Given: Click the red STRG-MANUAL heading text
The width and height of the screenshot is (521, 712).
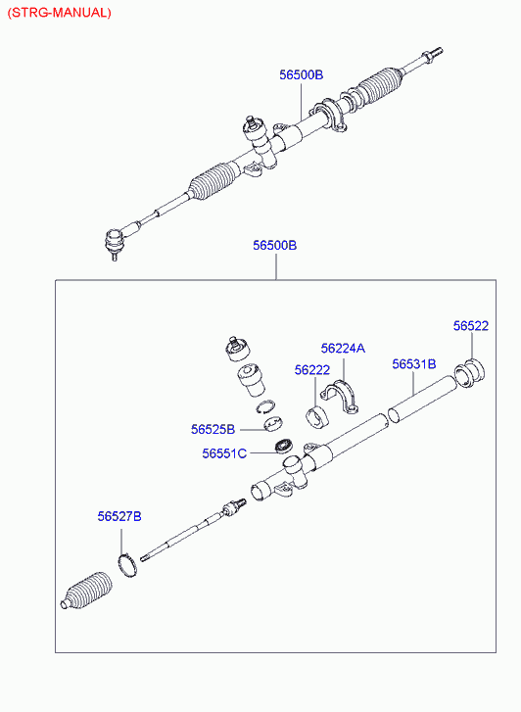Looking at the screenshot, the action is [59, 13].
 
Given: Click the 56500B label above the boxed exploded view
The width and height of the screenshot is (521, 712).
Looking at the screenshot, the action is [275, 245].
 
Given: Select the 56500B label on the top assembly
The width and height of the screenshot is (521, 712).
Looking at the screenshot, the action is [302, 74].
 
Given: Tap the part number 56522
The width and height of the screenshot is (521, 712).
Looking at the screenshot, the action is [471, 325].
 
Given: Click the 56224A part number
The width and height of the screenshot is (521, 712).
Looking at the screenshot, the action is [343, 349].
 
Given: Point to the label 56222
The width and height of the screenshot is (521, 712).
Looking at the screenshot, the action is [312, 370].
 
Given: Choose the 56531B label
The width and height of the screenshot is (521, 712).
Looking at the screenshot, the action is [414, 363].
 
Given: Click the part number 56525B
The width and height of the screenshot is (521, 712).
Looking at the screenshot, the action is [213, 429].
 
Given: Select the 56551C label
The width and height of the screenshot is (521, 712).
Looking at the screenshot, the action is [224, 453].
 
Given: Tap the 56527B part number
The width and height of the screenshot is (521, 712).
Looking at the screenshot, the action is [119, 516].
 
